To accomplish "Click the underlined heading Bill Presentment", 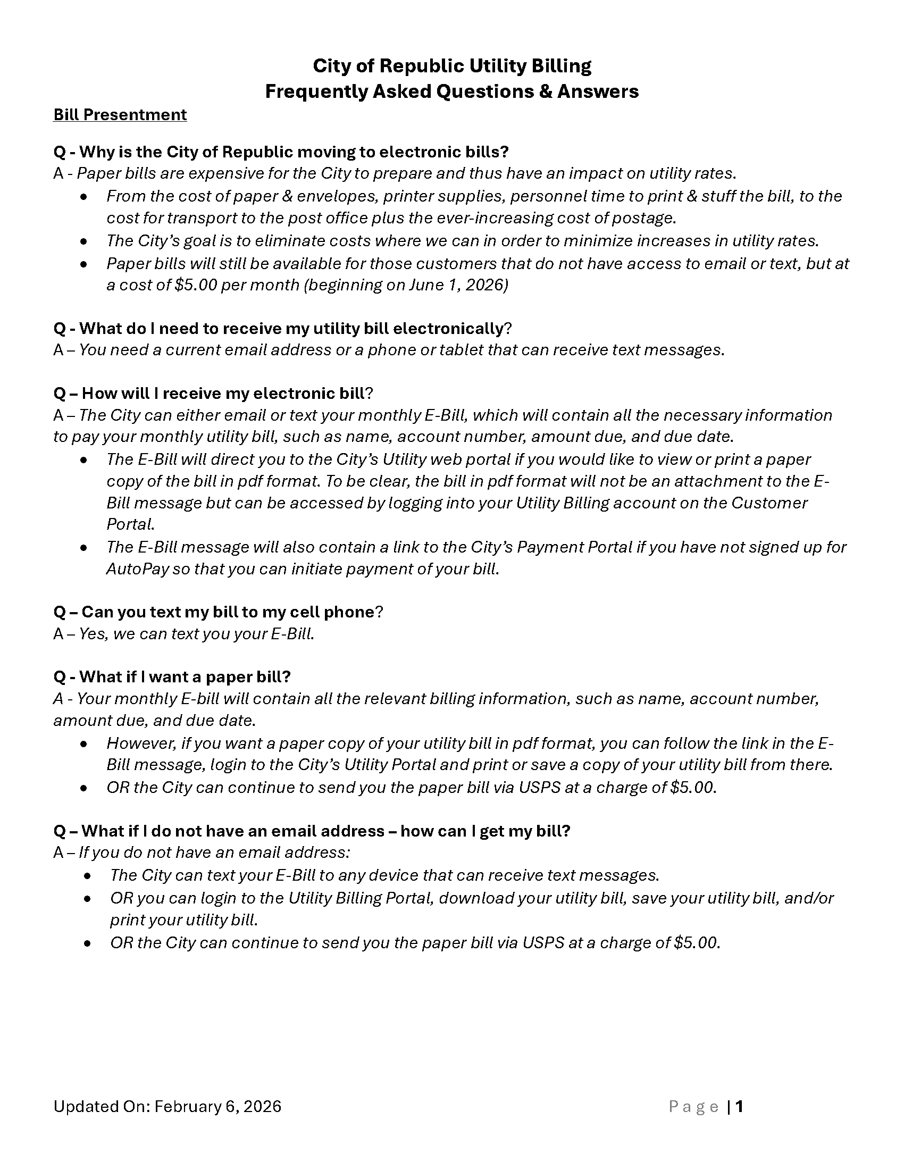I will (x=120, y=115).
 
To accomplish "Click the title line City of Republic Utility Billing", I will (x=452, y=66).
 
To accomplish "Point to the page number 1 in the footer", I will (x=739, y=1107).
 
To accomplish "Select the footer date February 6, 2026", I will (x=217, y=1107).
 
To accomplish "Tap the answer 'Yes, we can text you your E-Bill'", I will (x=196, y=634).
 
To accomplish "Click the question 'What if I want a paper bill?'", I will (x=172, y=677).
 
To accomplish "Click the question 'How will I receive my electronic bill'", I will (x=213, y=394).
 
